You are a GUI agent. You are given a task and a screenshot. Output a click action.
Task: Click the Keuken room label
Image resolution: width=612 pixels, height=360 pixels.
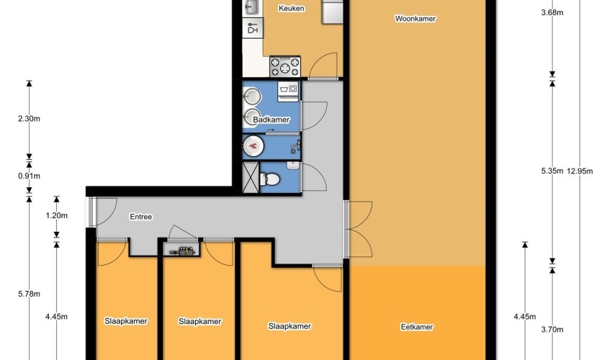point(291,8)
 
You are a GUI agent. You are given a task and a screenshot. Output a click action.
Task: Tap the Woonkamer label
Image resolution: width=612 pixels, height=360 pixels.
point(415,18)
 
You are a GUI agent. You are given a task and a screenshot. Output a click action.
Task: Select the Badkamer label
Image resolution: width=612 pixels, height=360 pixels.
point(271,120)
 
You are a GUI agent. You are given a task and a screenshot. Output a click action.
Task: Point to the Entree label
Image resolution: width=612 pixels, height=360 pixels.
point(141,217)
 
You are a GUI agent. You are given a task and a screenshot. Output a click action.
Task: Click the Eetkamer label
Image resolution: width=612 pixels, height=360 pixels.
point(417,327)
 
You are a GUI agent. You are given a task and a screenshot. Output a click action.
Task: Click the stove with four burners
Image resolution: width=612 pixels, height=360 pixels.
point(285,66)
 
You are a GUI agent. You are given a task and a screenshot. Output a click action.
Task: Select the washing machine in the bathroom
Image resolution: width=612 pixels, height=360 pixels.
point(288,91)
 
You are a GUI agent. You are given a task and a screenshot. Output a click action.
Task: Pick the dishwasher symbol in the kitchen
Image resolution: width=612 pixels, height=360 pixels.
point(253,28)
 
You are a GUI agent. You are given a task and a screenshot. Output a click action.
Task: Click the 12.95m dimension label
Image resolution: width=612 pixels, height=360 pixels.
point(580,171)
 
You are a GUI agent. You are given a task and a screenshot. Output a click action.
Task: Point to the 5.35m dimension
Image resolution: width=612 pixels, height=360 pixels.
point(552,171)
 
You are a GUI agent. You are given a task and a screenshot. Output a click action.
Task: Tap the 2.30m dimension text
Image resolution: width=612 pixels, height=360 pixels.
point(29,119)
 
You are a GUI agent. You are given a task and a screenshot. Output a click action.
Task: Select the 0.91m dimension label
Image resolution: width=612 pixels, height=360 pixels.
point(29,176)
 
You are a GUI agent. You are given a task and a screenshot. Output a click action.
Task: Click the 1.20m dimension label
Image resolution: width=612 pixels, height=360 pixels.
point(56,215)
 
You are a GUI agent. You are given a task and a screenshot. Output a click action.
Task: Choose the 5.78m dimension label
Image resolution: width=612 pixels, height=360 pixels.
point(29,294)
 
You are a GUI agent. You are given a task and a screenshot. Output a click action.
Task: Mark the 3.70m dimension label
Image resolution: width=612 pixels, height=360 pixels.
point(552,330)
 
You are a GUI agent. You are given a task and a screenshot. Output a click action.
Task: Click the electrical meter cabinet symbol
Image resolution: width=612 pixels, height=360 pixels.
point(182,251)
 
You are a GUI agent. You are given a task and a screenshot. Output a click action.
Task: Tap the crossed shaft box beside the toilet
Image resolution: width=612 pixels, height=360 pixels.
point(250,177)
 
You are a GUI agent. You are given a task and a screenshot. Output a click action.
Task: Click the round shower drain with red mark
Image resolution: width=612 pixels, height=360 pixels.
point(253,146)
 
